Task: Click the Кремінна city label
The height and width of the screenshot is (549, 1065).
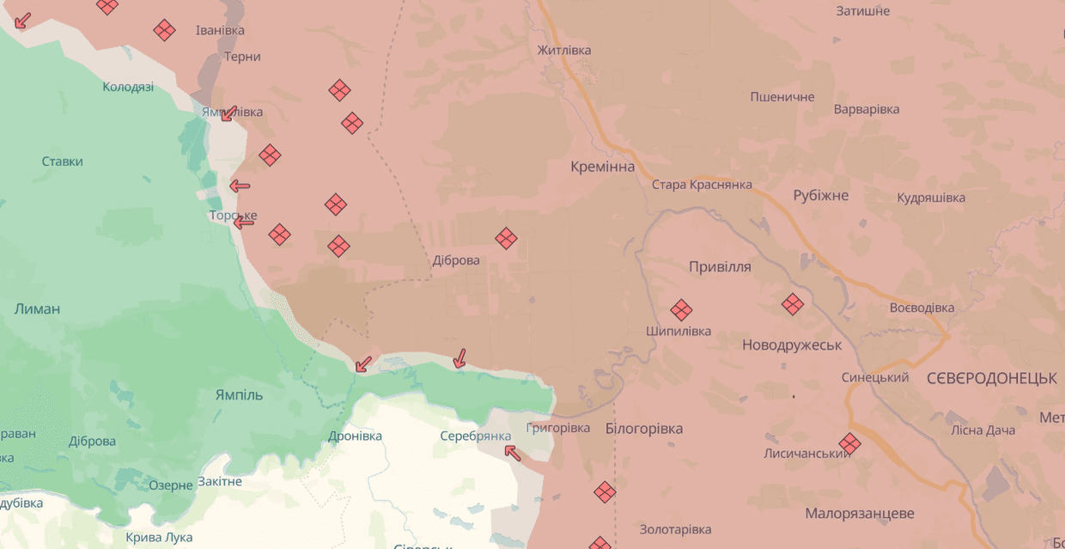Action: point(602,167)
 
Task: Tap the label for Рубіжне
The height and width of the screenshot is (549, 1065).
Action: point(820,195)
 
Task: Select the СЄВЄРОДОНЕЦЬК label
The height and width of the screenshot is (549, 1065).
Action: point(992,378)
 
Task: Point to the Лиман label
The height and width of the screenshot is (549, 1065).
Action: point(37,308)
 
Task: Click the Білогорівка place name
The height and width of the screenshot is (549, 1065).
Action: point(643,428)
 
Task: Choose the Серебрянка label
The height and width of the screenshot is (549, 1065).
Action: point(475,436)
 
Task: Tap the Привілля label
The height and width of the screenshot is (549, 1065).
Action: point(720,266)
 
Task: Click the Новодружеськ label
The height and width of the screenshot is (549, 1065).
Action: point(792,345)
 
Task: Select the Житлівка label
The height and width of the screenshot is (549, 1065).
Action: point(563,50)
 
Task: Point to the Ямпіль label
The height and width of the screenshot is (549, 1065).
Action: point(239,394)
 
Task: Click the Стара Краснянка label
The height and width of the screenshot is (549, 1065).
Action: point(702,185)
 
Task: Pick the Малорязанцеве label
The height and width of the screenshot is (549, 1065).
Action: point(859,513)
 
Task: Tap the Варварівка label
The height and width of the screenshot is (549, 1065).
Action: point(867,109)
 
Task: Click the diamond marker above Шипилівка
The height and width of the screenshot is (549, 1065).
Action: point(681,309)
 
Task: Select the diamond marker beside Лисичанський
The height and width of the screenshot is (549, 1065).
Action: point(849,443)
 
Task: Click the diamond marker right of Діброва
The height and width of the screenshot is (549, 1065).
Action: point(506,238)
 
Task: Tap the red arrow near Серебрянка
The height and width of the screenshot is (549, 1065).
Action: point(513,452)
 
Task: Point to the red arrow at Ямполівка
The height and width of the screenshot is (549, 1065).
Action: point(228,113)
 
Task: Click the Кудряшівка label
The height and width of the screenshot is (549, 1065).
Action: point(931,198)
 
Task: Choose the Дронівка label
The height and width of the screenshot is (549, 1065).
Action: point(355,436)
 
